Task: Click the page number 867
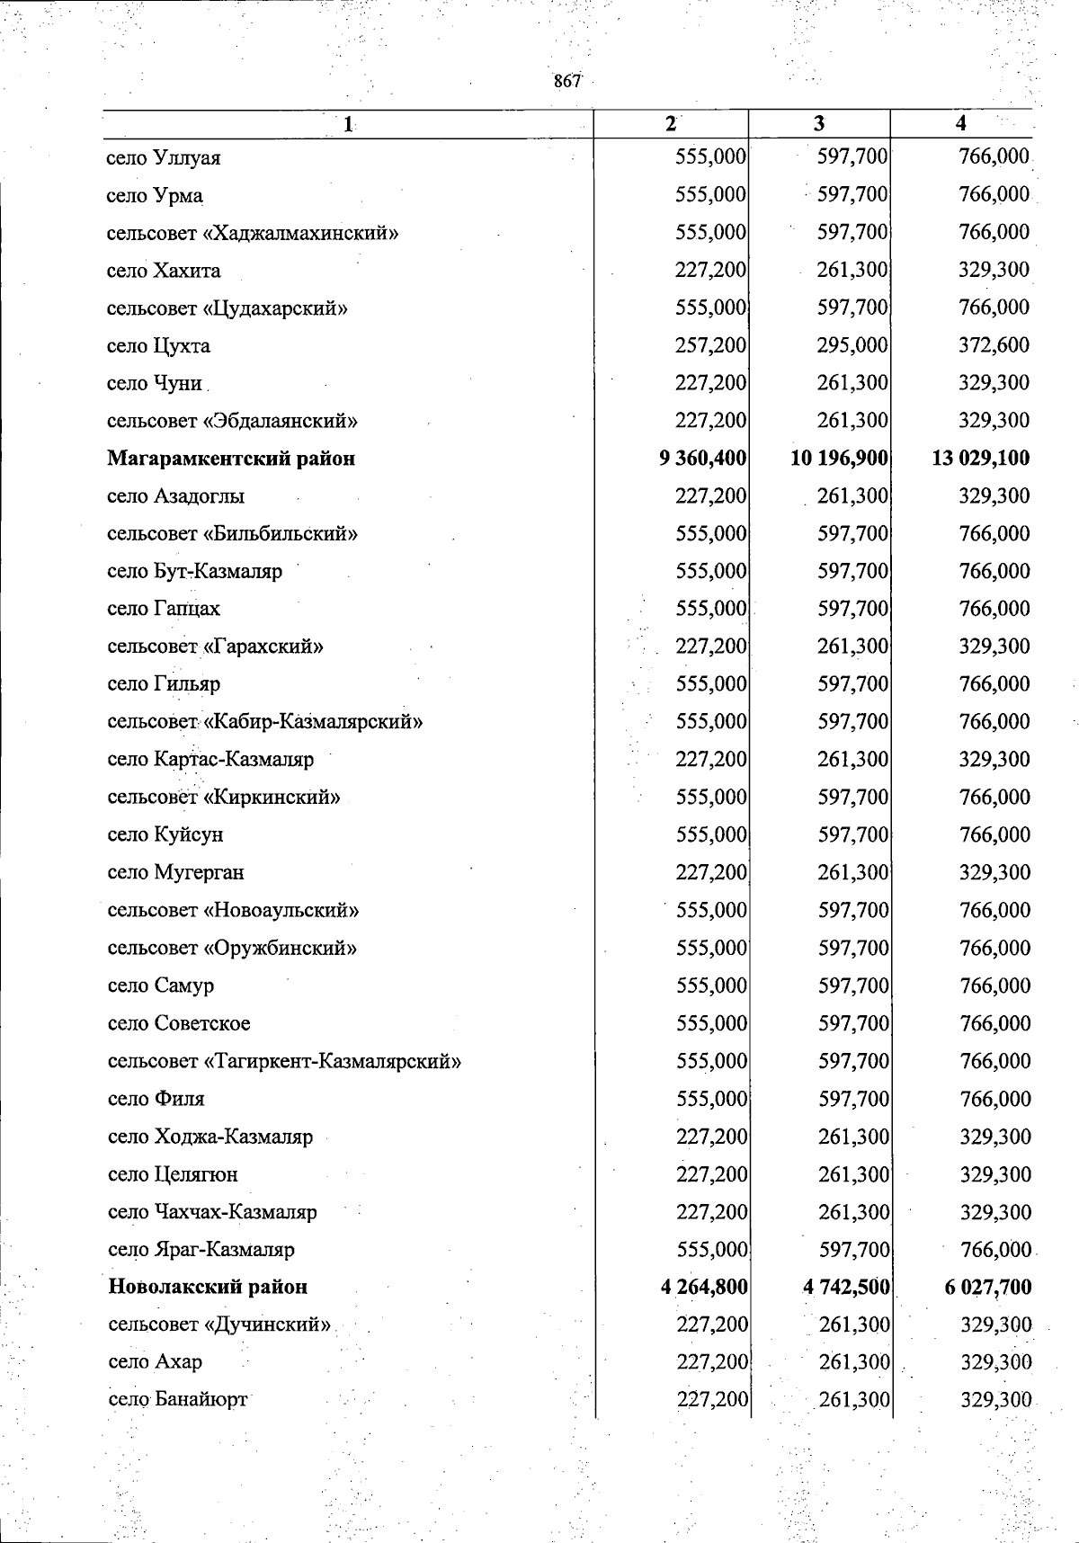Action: (567, 81)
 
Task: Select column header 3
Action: (818, 124)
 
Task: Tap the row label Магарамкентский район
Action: (231, 459)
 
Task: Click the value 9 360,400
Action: (702, 458)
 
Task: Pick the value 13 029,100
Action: (981, 458)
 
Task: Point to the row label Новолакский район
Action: (208, 1287)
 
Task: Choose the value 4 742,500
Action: (845, 1287)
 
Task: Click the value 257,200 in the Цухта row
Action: (710, 345)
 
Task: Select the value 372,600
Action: (994, 345)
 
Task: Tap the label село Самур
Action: (161, 986)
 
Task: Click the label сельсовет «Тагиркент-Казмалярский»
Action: (284, 1061)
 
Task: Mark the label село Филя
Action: (156, 1099)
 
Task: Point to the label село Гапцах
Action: (164, 609)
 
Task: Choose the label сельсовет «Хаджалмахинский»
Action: (253, 233)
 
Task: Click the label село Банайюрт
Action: (177, 1400)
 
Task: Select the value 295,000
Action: (852, 345)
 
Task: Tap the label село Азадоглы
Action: (175, 496)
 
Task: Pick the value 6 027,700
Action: (987, 1287)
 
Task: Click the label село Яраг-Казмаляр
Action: (201, 1250)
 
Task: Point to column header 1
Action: (348, 125)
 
